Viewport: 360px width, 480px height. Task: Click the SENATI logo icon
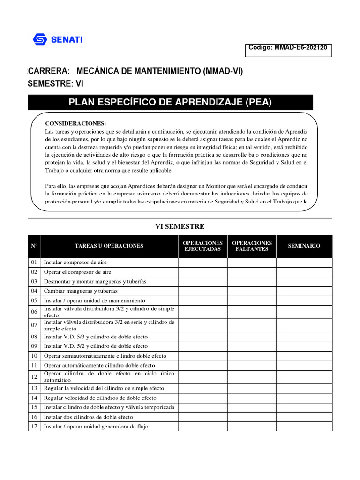pos(40,39)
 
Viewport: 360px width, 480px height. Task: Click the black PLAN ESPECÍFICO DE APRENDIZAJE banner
pos(170,102)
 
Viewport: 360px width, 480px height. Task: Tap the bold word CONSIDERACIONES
pos(75,123)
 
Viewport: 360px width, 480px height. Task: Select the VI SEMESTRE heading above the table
pos(180,226)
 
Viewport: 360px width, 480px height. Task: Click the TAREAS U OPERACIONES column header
pos(109,246)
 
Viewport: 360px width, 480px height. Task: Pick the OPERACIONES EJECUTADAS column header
pos(202,246)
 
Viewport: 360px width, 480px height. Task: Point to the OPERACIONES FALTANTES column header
pos(252,246)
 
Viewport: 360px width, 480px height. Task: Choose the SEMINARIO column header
pos(304,246)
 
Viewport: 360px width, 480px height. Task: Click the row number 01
pos(34,262)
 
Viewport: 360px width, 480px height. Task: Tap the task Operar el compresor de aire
pos(77,272)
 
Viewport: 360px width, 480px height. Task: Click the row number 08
pos(34,337)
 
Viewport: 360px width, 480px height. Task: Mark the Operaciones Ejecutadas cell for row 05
pos(202,300)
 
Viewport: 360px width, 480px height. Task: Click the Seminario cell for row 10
pos(304,356)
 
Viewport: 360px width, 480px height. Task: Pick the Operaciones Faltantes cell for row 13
pos(252,388)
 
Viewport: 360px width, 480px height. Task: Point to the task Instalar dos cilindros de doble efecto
pos(88,417)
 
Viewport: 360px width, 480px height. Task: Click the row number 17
pos(34,427)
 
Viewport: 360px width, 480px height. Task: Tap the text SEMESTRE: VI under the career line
pos(56,83)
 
